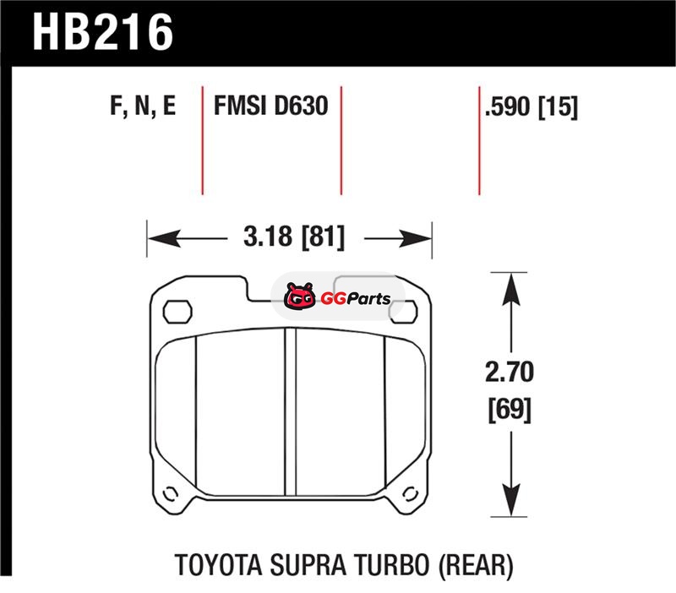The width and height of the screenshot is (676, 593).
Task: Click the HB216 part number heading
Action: [102, 32]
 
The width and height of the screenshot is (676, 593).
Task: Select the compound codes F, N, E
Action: [143, 106]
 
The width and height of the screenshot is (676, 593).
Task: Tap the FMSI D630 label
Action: [270, 106]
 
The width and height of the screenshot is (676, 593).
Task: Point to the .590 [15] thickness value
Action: [532, 106]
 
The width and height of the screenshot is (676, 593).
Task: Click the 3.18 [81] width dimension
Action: [294, 237]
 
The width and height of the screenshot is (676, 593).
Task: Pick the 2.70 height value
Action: [510, 372]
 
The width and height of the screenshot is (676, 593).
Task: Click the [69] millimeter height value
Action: [510, 410]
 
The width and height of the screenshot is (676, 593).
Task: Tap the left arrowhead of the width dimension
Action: [164, 238]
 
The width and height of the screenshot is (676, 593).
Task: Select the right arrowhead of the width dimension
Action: [415, 238]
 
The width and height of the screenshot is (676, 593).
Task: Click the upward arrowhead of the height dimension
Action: [511, 290]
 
